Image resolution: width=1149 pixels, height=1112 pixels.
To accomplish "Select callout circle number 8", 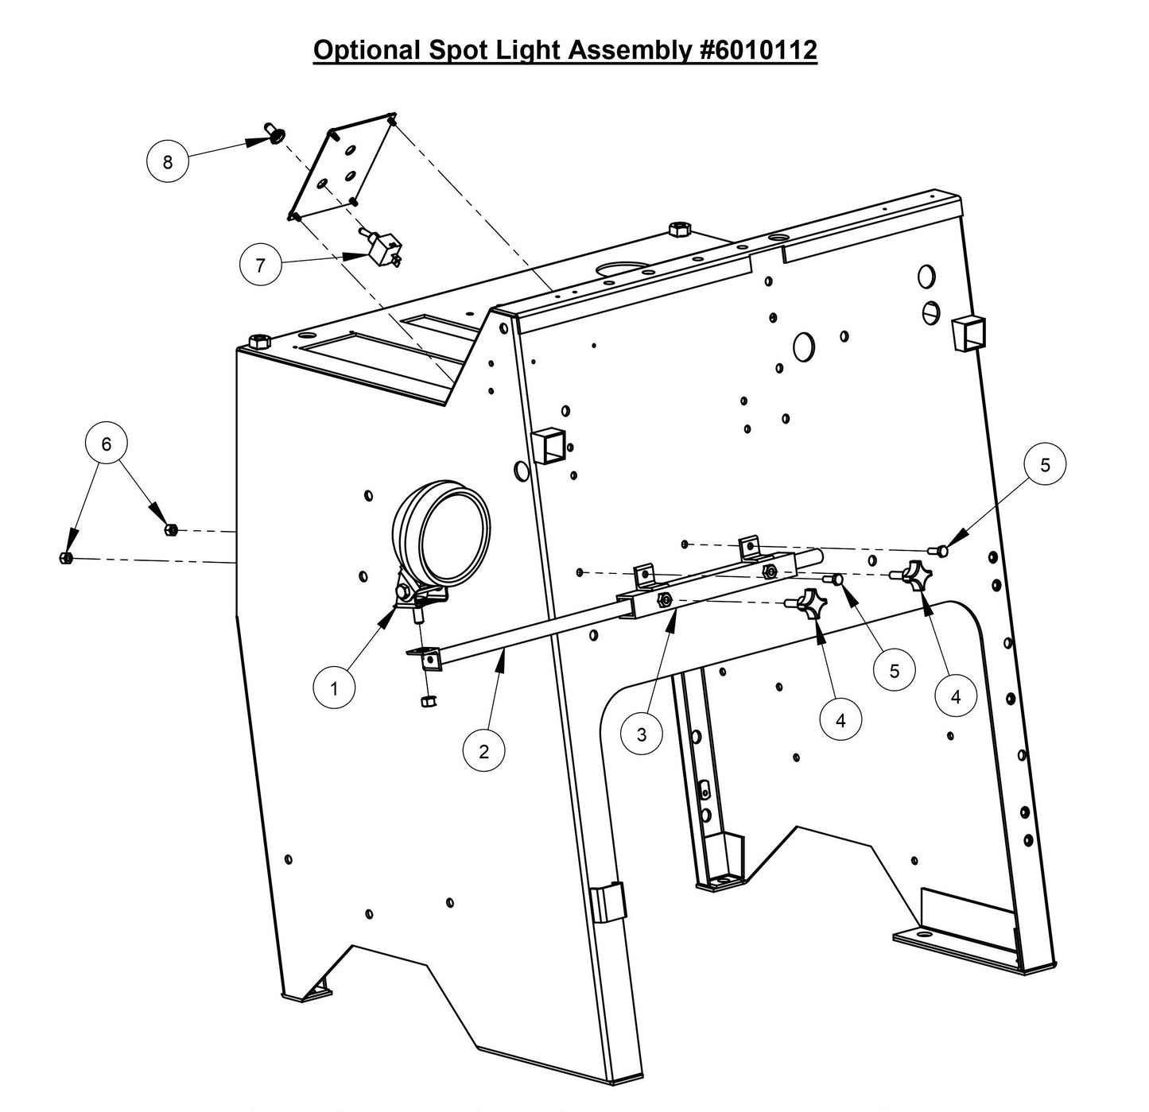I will [167, 162].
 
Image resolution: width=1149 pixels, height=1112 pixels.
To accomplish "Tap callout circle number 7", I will [261, 265].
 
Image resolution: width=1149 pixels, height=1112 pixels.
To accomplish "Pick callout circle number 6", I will [107, 444].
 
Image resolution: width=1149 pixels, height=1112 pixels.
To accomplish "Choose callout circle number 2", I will [484, 750].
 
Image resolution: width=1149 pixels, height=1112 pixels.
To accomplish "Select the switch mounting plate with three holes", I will [342, 167].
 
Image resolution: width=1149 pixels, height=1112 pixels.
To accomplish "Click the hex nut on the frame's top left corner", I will [258, 342].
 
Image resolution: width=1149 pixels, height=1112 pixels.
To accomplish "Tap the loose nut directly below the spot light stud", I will [428, 700].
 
